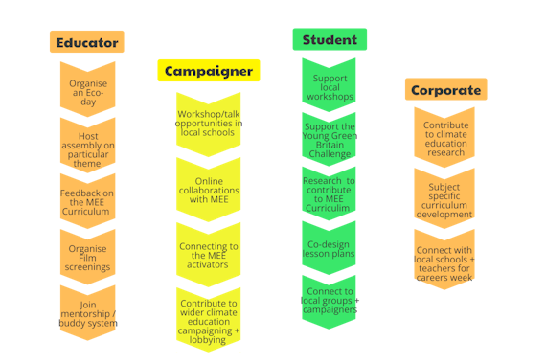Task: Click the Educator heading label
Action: [x=87, y=42]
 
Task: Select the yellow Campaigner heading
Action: [x=209, y=71]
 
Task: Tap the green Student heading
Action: [x=330, y=40]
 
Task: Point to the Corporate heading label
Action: [x=445, y=90]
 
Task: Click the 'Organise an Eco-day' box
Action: [x=87, y=89]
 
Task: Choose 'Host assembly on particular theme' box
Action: [x=87, y=144]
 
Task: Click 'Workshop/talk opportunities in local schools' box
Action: [x=209, y=122]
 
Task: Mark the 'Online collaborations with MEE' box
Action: [x=209, y=188]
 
